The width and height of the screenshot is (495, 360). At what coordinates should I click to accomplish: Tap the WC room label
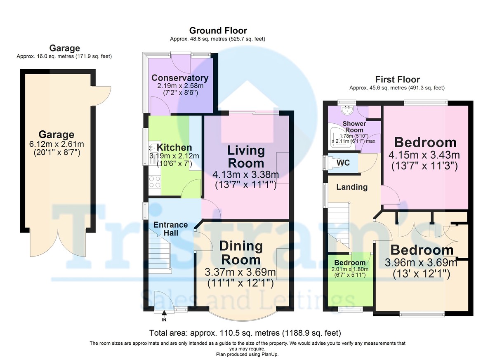tap(343, 163)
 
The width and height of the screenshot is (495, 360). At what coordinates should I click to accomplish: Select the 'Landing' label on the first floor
tap(352, 187)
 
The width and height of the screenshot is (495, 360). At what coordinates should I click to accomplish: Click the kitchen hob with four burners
tap(155, 182)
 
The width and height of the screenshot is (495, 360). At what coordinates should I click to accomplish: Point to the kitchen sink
tap(153, 147)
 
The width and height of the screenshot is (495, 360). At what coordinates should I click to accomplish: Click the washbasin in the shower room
tap(347, 110)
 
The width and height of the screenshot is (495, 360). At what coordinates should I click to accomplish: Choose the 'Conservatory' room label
tap(180, 78)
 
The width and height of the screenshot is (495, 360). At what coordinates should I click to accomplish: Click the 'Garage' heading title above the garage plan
tap(64, 48)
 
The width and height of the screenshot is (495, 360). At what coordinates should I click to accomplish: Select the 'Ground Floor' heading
tap(218, 31)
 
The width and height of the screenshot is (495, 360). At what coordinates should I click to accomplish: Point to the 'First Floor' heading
tap(397, 79)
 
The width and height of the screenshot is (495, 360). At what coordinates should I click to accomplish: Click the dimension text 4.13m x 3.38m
tap(245, 174)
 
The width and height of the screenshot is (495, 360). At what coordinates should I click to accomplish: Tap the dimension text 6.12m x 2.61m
tap(57, 144)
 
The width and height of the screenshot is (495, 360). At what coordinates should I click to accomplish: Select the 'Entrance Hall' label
tap(171, 229)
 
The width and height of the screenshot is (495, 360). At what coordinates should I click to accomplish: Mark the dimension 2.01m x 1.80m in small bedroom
tap(350, 269)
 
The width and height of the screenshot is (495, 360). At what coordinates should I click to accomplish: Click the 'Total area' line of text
tap(245, 333)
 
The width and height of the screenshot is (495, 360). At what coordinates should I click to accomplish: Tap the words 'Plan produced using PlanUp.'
tap(247, 355)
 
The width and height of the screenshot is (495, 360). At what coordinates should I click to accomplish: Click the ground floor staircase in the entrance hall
tap(159, 252)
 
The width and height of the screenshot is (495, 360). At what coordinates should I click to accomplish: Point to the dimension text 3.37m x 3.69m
tap(240, 272)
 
